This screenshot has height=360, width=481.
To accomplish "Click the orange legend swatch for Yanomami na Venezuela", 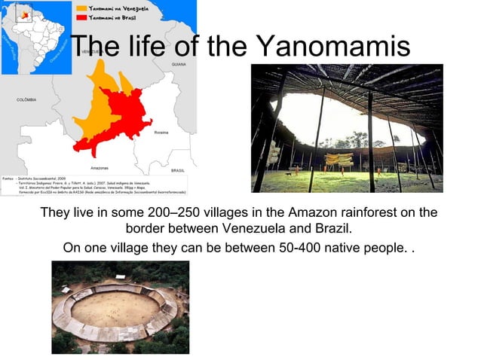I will pos(80,7).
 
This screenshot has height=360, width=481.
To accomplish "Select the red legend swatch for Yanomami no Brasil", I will pos(80,16).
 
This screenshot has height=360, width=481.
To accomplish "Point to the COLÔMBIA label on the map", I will pos(26,99).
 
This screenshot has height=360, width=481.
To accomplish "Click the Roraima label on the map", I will pos(161,132).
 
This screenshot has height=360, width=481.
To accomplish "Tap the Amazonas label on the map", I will pos(99,167).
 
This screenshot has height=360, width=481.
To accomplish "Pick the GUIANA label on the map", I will pos(179,65).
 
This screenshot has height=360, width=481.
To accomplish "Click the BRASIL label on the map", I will pos(178,170).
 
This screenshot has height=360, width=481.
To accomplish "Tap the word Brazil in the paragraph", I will pos(332,228).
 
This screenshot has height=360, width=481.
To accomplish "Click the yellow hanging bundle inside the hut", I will pos(343,160).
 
